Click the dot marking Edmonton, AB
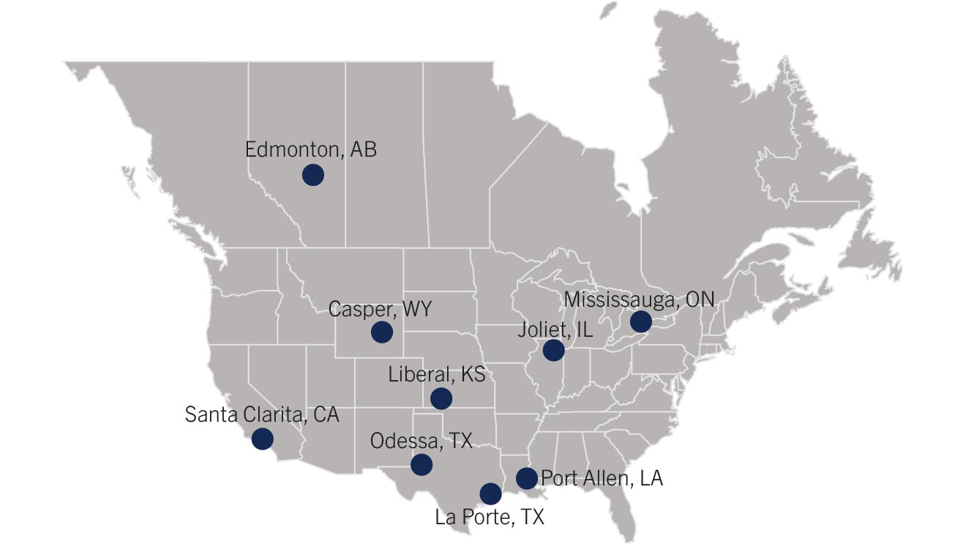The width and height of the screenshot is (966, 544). click(312, 175)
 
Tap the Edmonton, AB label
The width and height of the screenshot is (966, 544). click(311, 150)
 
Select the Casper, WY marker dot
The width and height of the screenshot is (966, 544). click(381, 332)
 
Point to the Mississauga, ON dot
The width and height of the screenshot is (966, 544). click(640, 321)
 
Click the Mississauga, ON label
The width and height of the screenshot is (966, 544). click(639, 300)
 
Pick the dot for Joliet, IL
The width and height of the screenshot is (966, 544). click(553, 350)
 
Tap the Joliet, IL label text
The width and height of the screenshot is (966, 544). click(555, 329)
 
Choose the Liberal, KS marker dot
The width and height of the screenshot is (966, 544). click(441, 398)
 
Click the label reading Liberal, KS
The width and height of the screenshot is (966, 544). click(436, 376)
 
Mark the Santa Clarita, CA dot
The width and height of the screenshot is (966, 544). click(262, 439)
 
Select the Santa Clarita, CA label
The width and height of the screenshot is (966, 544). click(262, 414)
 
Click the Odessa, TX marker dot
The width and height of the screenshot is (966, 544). click(421, 464)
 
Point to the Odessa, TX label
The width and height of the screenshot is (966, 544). click(421, 441)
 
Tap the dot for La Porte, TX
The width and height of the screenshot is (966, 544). click(490, 493)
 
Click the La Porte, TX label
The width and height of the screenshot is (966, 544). click(490, 518)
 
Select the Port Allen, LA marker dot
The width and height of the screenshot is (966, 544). click(526, 478)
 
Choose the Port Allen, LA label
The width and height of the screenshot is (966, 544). click(602, 479)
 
